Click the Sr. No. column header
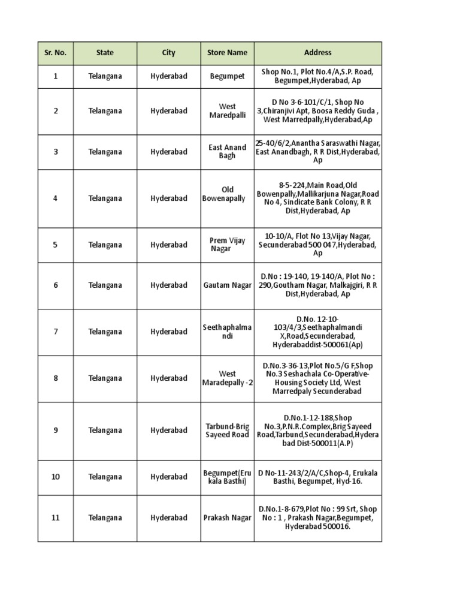55,53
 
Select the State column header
105,53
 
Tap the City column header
168,53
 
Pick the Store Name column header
227,53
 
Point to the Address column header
317,53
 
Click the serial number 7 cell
55,332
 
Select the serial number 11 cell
55,518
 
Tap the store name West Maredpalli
227,111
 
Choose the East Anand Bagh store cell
227,152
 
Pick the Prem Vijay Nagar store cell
227,245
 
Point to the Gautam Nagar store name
227,285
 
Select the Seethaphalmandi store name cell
227,332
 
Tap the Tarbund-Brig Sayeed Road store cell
227,431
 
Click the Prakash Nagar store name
227,518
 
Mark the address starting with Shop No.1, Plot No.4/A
317,76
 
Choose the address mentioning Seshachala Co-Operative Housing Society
317,378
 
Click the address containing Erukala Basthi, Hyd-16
317,477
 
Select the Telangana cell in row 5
105,245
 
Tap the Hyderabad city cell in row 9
168,431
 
